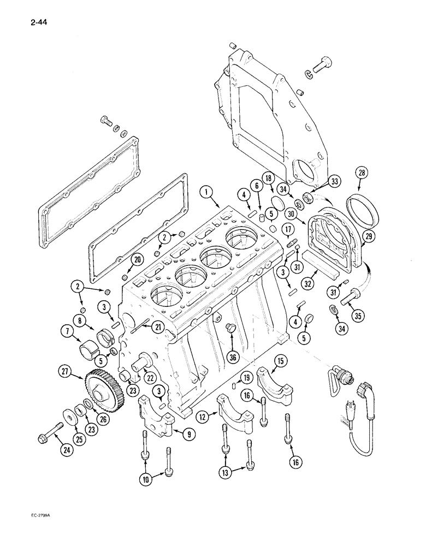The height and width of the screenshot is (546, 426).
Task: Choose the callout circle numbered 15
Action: click(x=281, y=361)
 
